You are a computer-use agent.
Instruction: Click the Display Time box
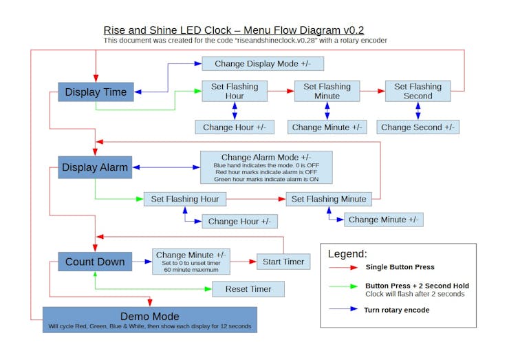point(96,92)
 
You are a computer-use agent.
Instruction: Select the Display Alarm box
point(95,167)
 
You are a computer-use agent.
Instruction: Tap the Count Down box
point(95,262)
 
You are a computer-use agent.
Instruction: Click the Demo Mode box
point(149,320)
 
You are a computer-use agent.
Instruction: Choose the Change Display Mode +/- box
point(262,64)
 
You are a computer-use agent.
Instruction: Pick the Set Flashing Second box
point(418,92)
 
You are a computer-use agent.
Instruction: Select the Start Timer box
point(283,262)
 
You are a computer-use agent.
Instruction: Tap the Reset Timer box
point(248,289)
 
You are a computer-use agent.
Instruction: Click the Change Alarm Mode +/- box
point(266,167)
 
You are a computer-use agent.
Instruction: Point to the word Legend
point(347,254)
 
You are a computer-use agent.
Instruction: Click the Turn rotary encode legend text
point(396,310)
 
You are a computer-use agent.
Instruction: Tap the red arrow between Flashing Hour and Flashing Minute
point(281,91)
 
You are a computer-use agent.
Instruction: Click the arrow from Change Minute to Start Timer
point(244,262)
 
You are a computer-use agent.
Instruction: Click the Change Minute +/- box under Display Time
point(327,127)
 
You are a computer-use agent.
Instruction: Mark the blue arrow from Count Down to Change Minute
point(142,262)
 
